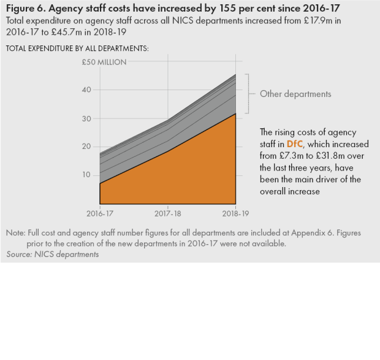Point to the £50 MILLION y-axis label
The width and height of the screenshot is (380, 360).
pos(104,62)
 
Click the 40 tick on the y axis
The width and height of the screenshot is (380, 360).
pos(86,90)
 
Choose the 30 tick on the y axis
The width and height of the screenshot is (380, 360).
pos(86,118)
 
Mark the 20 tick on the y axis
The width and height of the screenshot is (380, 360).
pos(86,147)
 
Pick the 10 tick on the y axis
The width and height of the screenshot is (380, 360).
pos(86,175)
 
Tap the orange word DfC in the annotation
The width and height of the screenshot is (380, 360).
pos(295,144)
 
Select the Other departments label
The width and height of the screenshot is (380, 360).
pos(295,94)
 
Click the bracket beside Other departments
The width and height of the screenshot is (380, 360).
pos(248,94)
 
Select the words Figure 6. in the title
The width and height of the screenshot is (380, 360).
pos(26,8)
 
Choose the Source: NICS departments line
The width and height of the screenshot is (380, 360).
pos(52,254)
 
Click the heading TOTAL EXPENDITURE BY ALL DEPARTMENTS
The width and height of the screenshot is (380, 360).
pos(77,48)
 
